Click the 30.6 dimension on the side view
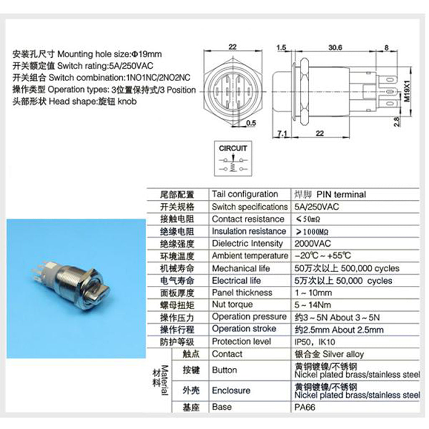[335, 47]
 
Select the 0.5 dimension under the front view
[251, 122]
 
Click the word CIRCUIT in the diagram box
[233, 148]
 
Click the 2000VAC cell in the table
[313, 243]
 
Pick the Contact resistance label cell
[248, 219]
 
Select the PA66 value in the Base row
[305, 407]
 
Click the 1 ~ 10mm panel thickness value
[313, 292]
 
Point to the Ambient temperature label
[250, 256]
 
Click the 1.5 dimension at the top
[281, 47]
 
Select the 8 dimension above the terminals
[386, 47]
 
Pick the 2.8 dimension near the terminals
[397, 121]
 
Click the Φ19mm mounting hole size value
[147, 54]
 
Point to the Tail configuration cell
[245, 194]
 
